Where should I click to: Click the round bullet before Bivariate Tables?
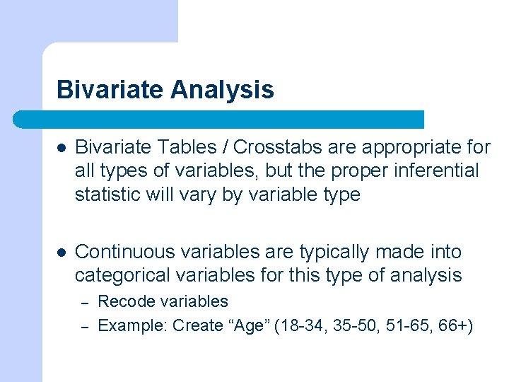(62, 148)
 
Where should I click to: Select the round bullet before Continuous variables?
(62, 253)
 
